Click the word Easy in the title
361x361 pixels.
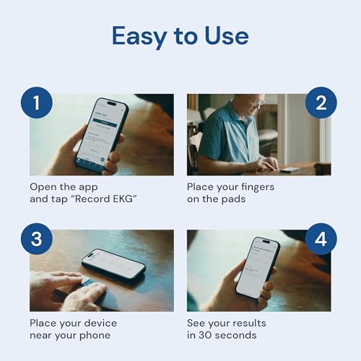[138, 36]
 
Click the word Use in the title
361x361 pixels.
[225, 36]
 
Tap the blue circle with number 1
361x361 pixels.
[35, 103]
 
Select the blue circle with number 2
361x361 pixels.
[320, 103]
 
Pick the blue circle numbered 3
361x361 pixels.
[35, 239]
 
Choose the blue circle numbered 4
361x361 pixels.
[320, 239]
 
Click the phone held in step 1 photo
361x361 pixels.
[101, 134]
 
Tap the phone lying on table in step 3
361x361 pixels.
[113, 266]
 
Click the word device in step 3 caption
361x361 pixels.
[99, 323]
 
